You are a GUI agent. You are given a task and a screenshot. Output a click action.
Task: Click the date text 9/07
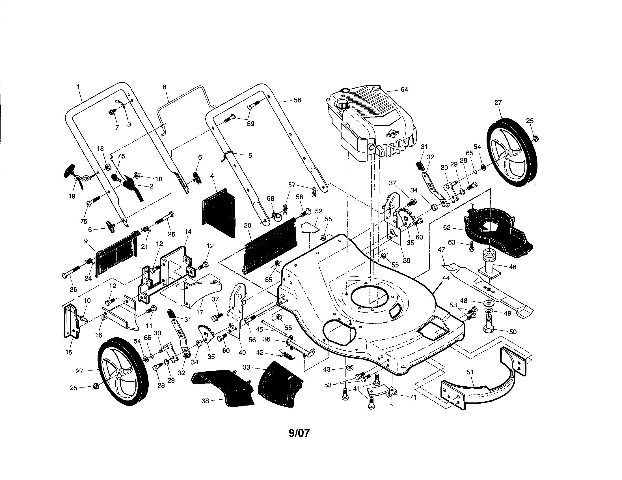pos(299,433)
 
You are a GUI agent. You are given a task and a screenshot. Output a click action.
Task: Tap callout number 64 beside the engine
pos(404,89)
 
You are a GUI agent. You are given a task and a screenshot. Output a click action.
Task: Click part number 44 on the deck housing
pos(446,278)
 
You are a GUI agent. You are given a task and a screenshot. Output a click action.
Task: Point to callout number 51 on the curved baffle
pos(470,372)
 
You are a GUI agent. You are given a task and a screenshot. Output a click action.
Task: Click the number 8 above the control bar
pos(165,87)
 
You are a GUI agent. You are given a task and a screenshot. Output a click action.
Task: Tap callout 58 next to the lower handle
pos(297,100)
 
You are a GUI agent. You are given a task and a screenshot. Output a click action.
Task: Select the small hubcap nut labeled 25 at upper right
pos(535,138)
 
